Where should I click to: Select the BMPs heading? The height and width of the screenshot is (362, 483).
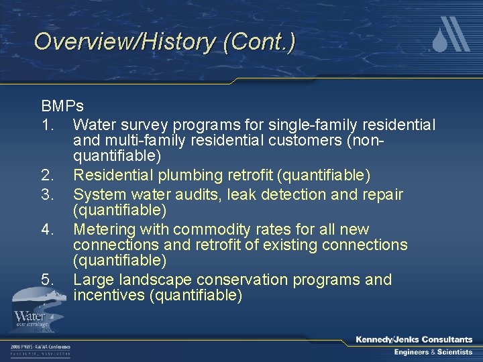[62, 107]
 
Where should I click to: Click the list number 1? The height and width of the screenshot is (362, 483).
[48, 125]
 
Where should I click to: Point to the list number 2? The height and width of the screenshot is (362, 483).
[48, 176]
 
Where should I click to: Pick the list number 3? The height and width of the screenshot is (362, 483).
[48, 194]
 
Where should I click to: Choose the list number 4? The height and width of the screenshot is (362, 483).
[48, 229]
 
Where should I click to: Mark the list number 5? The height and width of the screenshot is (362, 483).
[48, 280]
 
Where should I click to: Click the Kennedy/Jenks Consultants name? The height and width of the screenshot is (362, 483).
[414, 340]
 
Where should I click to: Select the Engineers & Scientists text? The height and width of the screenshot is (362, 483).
[433, 353]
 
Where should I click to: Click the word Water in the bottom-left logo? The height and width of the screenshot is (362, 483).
[30, 315]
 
